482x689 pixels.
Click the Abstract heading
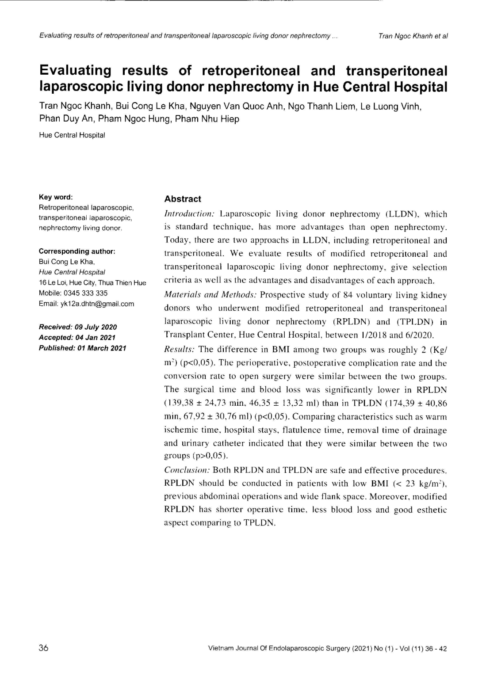click(182, 199)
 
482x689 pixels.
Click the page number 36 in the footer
click(44, 648)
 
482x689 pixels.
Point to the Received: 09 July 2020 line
click(78, 327)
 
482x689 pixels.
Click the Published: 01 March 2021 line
click(82, 348)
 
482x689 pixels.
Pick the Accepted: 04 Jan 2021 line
click(77, 337)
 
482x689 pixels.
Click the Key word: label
click(56, 197)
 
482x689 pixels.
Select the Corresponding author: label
click(77, 251)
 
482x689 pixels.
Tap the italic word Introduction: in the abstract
click(189, 214)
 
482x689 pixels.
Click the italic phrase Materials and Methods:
click(210, 295)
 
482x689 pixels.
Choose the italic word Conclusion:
click(187, 470)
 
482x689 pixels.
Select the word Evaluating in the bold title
click(75, 70)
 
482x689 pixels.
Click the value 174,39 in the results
click(403, 403)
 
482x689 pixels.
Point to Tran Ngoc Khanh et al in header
click(413, 36)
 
